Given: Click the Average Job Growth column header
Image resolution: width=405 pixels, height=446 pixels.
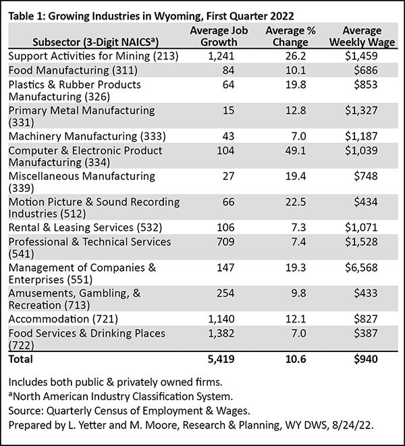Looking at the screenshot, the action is [x=219, y=36].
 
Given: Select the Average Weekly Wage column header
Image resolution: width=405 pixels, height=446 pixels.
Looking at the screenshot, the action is [x=362, y=36].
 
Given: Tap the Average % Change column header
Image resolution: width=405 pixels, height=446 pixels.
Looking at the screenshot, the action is [x=290, y=36].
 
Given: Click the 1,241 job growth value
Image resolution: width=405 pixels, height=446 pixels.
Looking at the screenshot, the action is [x=221, y=56].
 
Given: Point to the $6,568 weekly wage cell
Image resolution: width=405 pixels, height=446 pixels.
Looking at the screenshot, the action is [x=361, y=268].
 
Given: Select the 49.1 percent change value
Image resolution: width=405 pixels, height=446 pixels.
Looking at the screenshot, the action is [x=296, y=151].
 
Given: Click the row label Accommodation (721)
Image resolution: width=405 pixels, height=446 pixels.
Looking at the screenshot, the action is [x=63, y=319].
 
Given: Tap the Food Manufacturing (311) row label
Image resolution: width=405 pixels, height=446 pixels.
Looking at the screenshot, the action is [x=73, y=70].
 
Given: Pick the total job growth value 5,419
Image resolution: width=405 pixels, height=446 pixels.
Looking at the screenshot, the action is [x=221, y=360].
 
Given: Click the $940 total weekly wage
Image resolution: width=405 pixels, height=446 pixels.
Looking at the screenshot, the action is [x=366, y=360].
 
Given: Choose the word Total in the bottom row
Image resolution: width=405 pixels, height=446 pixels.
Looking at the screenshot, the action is [x=20, y=360].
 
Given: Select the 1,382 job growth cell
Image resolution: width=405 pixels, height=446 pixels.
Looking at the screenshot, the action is [x=221, y=333].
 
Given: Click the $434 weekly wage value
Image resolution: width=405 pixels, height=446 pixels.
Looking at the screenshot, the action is [x=366, y=202].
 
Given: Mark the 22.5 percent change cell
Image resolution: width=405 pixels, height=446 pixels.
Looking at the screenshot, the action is [x=296, y=202].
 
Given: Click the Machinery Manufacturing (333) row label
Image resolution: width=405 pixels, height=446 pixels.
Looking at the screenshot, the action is [x=87, y=137].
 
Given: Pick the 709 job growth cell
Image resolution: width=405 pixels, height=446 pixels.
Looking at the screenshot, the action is [x=225, y=242].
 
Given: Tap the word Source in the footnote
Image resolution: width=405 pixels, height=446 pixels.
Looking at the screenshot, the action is [x=26, y=411].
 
